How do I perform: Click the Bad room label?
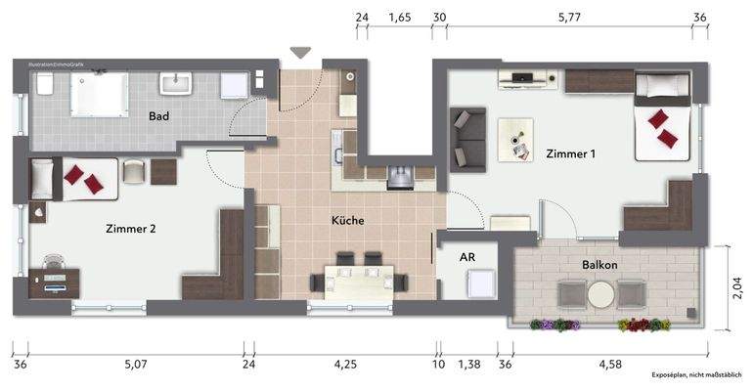coord(159,116)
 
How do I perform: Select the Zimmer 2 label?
coord(130,230)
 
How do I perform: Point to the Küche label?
coord(347,221)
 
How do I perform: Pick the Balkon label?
coord(598,265)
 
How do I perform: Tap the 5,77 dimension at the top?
coord(570,18)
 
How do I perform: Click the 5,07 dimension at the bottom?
coord(137,366)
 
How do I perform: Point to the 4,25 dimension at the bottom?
coord(346,366)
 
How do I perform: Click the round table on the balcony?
coord(599,292)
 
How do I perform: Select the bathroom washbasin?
coord(178,83)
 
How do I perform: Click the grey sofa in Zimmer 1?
coord(468,137)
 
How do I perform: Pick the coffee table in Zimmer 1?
coord(515,138)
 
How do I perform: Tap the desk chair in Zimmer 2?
coord(53,262)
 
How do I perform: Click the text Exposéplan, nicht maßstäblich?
coord(697,375)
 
